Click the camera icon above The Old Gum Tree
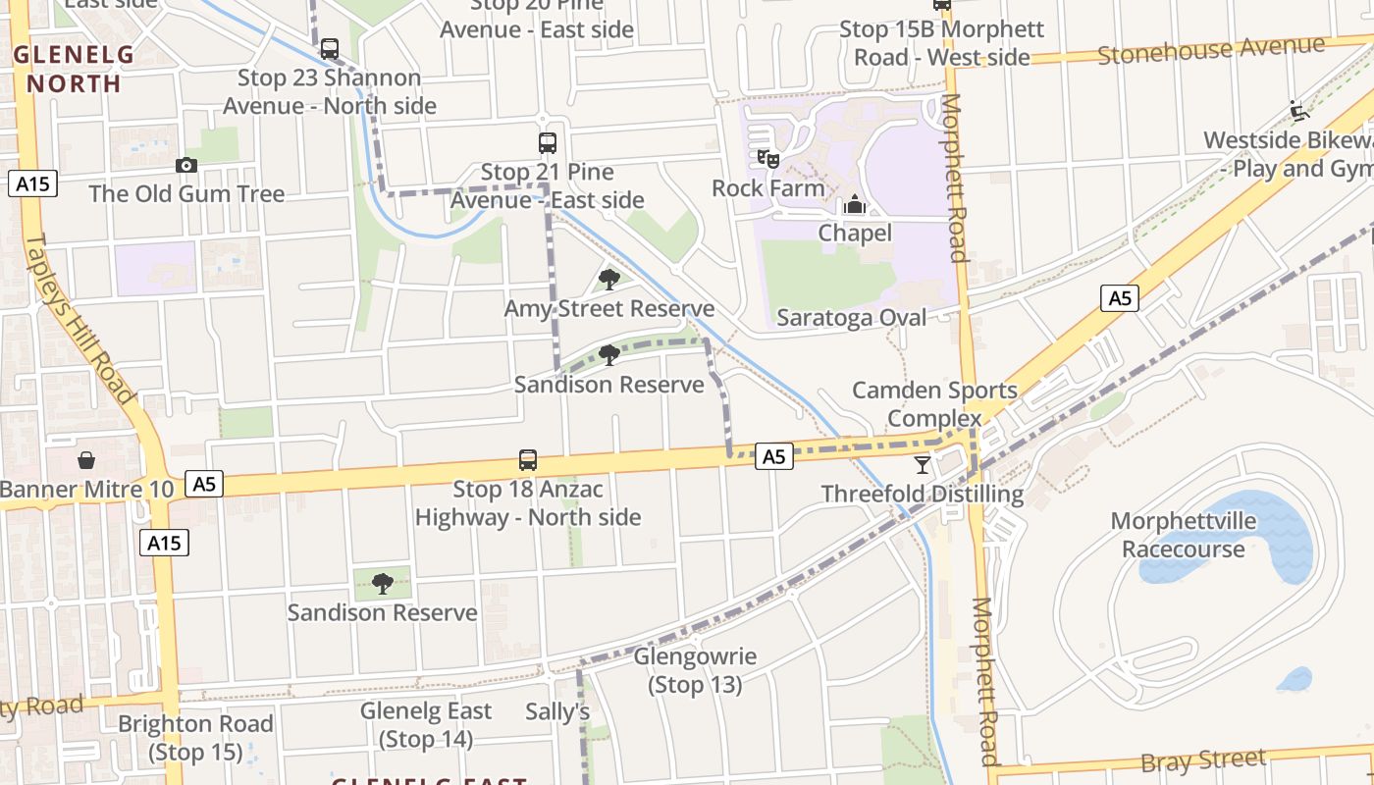click(186, 165)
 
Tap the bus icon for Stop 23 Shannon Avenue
click(330, 48)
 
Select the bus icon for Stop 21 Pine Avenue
click(548, 143)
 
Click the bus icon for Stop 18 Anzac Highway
click(528, 459)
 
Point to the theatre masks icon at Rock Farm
click(768, 157)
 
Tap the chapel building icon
click(855, 204)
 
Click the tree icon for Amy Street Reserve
click(609, 279)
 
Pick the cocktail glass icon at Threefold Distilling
click(923, 464)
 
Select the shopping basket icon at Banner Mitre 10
click(86, 459)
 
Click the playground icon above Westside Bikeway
click(1300, 110)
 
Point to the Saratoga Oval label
click(851, 317)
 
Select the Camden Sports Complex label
click(934, 404)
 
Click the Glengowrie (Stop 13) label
click(695, 670)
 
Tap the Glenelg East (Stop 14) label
click(426, 724)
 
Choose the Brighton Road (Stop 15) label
click(195, 738)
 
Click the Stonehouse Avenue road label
click(1211, 49)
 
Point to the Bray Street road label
click(1203, 760)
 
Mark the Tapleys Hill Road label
click(79, 319)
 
